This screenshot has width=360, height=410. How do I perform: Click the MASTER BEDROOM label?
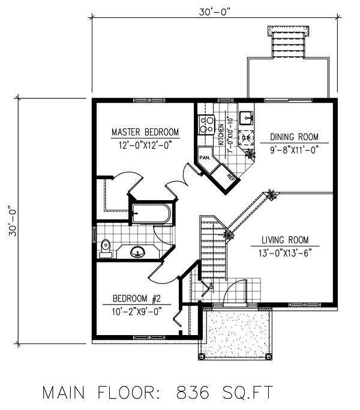pyautogui.click(x=145, y=132)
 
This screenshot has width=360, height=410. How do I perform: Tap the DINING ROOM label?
pyautogui.click(x=294, y=137)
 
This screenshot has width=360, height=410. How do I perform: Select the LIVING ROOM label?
pyautogui.click(x=285, y=240)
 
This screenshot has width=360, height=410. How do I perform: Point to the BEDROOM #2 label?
pyautogui.click(x=136, y=299)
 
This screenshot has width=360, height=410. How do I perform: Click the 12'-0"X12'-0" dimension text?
pyautogui.click(x=145, y=144)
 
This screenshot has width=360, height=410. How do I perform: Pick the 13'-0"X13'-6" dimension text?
pyautogui.click(x=285, y=253)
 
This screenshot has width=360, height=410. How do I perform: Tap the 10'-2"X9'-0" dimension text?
pyautogui.click(x=136, y=311)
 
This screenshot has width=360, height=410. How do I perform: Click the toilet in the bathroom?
pyautogui.click(x=106, y=248)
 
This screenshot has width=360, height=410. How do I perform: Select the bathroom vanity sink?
pyautogui.click(x=138, y=252)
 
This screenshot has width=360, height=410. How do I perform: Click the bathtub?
pyautogui.click(x=151, y=213)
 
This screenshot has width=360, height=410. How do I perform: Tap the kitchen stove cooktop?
pyautogui.click(x=206, y=125)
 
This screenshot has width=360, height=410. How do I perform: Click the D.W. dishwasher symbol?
pyautogui.click(x=246, y=137)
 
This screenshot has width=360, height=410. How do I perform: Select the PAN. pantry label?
pyautogui.click(x=205, y=158)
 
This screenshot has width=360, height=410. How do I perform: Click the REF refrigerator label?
pyautogui.click(x=230, y=177)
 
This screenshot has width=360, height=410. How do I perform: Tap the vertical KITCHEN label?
pyautogui.click(x=221, y=134)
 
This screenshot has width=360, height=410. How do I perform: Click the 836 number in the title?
pyautogui.click(x=193, y=393)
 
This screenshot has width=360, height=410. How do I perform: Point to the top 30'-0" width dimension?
pyautogui.click(x=214, y=12)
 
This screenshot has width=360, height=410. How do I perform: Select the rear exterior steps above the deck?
pyautogui.click(x=288, y=44)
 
